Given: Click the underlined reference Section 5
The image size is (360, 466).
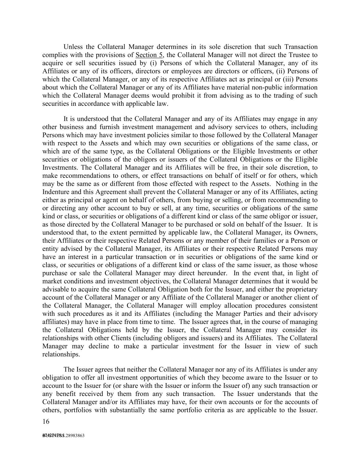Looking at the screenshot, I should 149,55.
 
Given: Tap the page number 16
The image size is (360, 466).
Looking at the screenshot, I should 46,421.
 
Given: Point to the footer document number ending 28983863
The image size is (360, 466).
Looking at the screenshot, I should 63,436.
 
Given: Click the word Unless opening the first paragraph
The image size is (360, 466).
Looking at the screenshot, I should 73,47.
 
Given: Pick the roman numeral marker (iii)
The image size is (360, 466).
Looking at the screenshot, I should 289,79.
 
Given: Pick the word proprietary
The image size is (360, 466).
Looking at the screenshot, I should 301,290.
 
